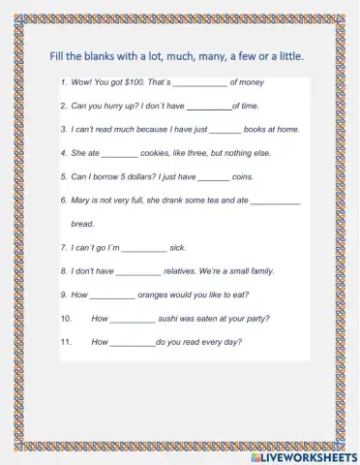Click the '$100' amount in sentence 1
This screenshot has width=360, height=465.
tap(151, 82)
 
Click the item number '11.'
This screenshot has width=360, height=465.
tap(67, 342)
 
